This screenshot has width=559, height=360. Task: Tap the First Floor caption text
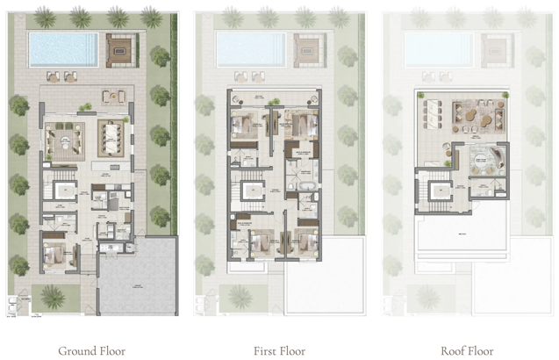[x=279, y=351]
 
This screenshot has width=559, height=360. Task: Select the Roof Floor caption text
[x=467, y=351]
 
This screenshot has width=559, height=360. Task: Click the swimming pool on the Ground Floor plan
[x=61, y=49]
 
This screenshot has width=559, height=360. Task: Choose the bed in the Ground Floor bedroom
[x=56, y=255]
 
